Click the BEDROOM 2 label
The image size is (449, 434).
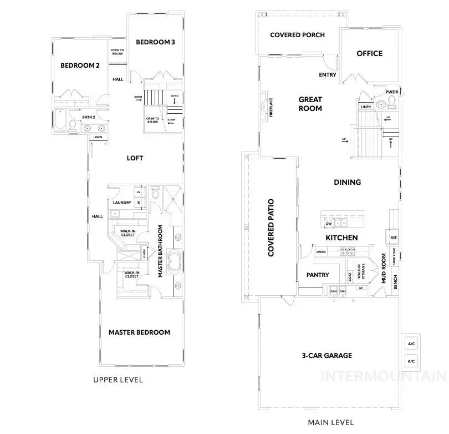[80, 65]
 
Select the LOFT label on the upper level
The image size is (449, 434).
[135, 158]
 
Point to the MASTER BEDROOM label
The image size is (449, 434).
[139, 332]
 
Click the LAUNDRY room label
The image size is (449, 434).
[121, 203]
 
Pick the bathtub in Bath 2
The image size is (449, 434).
[60, 120]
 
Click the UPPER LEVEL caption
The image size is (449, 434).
[118, 380]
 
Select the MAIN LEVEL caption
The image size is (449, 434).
[331, 422]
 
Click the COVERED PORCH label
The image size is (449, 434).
[297, 35]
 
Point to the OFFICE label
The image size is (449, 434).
[369, 53]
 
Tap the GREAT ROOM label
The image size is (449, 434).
[310, 104]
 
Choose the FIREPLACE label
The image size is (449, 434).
[272, 107]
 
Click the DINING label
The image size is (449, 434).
[347, 182]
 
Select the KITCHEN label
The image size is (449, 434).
[341, 238]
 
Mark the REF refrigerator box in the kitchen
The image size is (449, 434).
[394, 237]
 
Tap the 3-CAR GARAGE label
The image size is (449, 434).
[326, 356]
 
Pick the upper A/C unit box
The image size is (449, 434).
[411, 344]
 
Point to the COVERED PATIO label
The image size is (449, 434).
[272, 228]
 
